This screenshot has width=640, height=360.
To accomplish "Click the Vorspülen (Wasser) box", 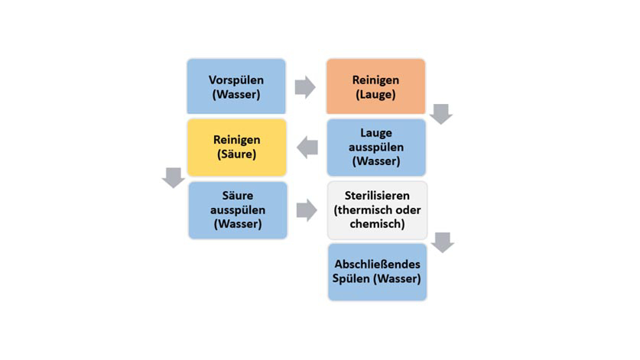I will pos(236,86).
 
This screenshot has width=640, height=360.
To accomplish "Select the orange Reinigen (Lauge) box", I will pos(375,86).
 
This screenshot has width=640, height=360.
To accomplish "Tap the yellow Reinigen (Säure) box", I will pos(236,147).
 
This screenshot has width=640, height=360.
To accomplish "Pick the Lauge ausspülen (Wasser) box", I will pos(375,147).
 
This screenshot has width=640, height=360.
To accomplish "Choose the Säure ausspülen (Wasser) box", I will pos(237,209).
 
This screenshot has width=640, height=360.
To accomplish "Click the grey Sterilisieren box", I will pos(376,209).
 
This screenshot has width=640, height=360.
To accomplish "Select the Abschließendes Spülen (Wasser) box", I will pos(376,271).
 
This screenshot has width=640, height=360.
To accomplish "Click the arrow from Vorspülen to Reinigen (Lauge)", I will pos(305,86).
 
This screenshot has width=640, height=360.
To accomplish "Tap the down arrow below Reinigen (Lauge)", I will pos(441,114).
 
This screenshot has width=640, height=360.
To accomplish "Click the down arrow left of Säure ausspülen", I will pos(173,177).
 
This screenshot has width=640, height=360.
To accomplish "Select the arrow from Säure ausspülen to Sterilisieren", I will pos(307,209).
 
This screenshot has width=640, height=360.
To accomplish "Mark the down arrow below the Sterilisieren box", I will pos(442,242).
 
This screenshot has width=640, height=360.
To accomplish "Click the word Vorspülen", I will pos(236,79).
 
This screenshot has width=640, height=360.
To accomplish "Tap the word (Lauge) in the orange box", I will pos(375,94).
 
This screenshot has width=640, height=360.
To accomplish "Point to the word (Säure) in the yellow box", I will pos(236,154).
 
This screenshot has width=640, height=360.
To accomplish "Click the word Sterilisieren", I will pos(376,196).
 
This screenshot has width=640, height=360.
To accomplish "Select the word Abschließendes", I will pos(376,264).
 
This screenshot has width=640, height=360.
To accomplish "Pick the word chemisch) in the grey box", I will pos(376,224).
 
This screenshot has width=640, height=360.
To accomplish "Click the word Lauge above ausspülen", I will pos(375,133).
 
